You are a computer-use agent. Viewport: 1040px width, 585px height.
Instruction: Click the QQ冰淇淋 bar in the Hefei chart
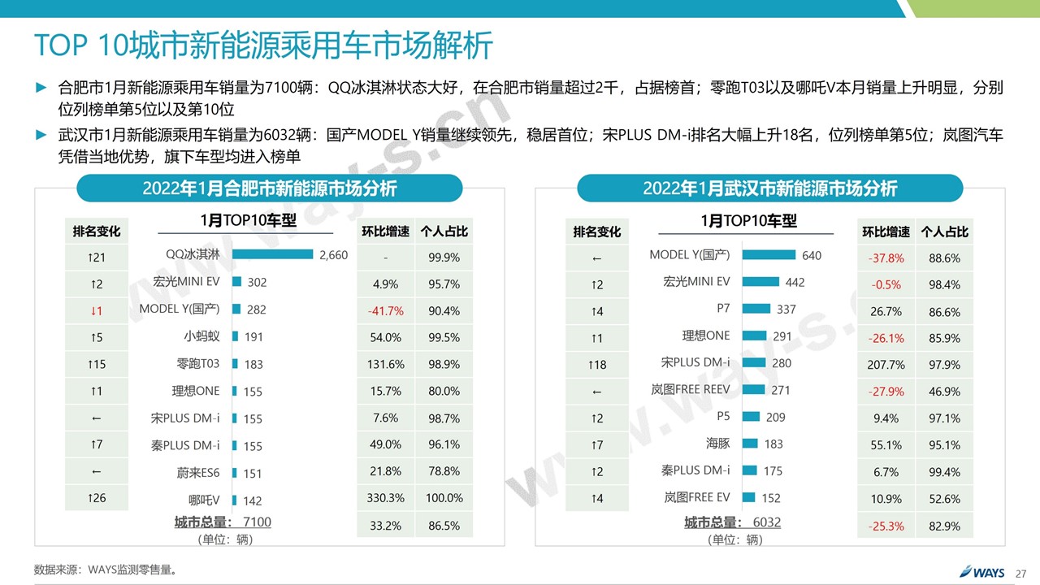click(272, 254)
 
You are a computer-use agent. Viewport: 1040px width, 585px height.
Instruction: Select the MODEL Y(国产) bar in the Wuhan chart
click(769, 255)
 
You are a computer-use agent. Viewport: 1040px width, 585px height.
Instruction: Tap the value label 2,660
click(333, 255)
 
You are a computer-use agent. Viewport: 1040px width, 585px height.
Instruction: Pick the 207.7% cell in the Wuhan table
click(886, 365)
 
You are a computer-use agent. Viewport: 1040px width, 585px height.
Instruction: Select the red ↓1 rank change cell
click(97, 310)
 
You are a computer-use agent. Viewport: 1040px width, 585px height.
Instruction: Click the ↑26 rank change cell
click(97, 498)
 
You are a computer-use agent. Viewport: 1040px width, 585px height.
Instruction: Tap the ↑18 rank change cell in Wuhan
click(597, 365)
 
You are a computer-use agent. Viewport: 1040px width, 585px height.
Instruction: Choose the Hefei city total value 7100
click(257, 522)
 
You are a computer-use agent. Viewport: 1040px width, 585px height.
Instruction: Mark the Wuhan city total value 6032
click(766, 522)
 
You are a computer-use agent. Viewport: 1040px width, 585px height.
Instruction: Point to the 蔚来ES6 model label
click(198, 473)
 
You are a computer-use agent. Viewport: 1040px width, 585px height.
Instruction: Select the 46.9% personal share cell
click(944, 392)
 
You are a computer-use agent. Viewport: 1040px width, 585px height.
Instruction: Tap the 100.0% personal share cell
click(444, 498)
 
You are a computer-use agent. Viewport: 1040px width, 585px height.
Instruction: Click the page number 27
click(1021, 572)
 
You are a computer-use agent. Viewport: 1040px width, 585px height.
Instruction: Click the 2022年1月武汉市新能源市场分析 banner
click(769, 188)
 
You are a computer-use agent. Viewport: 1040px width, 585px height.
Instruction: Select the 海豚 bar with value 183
click(750, 444)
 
